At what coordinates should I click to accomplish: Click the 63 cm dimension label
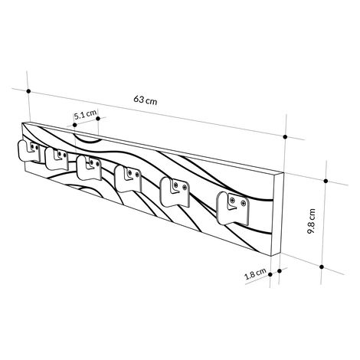click(146, 100)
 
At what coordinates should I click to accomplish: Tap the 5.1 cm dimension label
click(86, 115)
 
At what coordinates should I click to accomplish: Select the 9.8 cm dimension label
click(311, 221)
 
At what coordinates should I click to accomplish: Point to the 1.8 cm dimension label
click(256, 273)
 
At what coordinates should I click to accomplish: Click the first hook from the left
click(28, 151)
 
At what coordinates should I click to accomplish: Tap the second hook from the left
click(57, 159)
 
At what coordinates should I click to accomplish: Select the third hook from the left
click(89, 168)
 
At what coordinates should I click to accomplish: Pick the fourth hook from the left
click(128, 178)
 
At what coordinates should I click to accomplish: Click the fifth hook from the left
click(175, 192)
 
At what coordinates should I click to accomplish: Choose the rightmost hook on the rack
click(233, 208)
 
